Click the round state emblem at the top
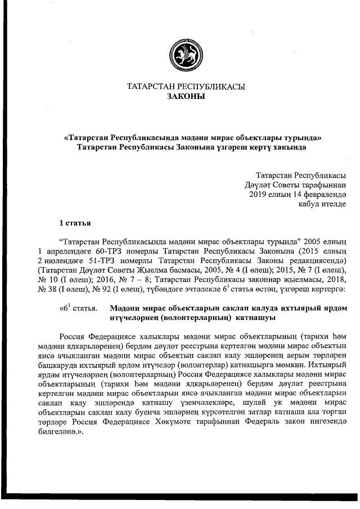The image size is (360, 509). [186, 53]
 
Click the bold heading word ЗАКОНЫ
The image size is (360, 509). [186, 96]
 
